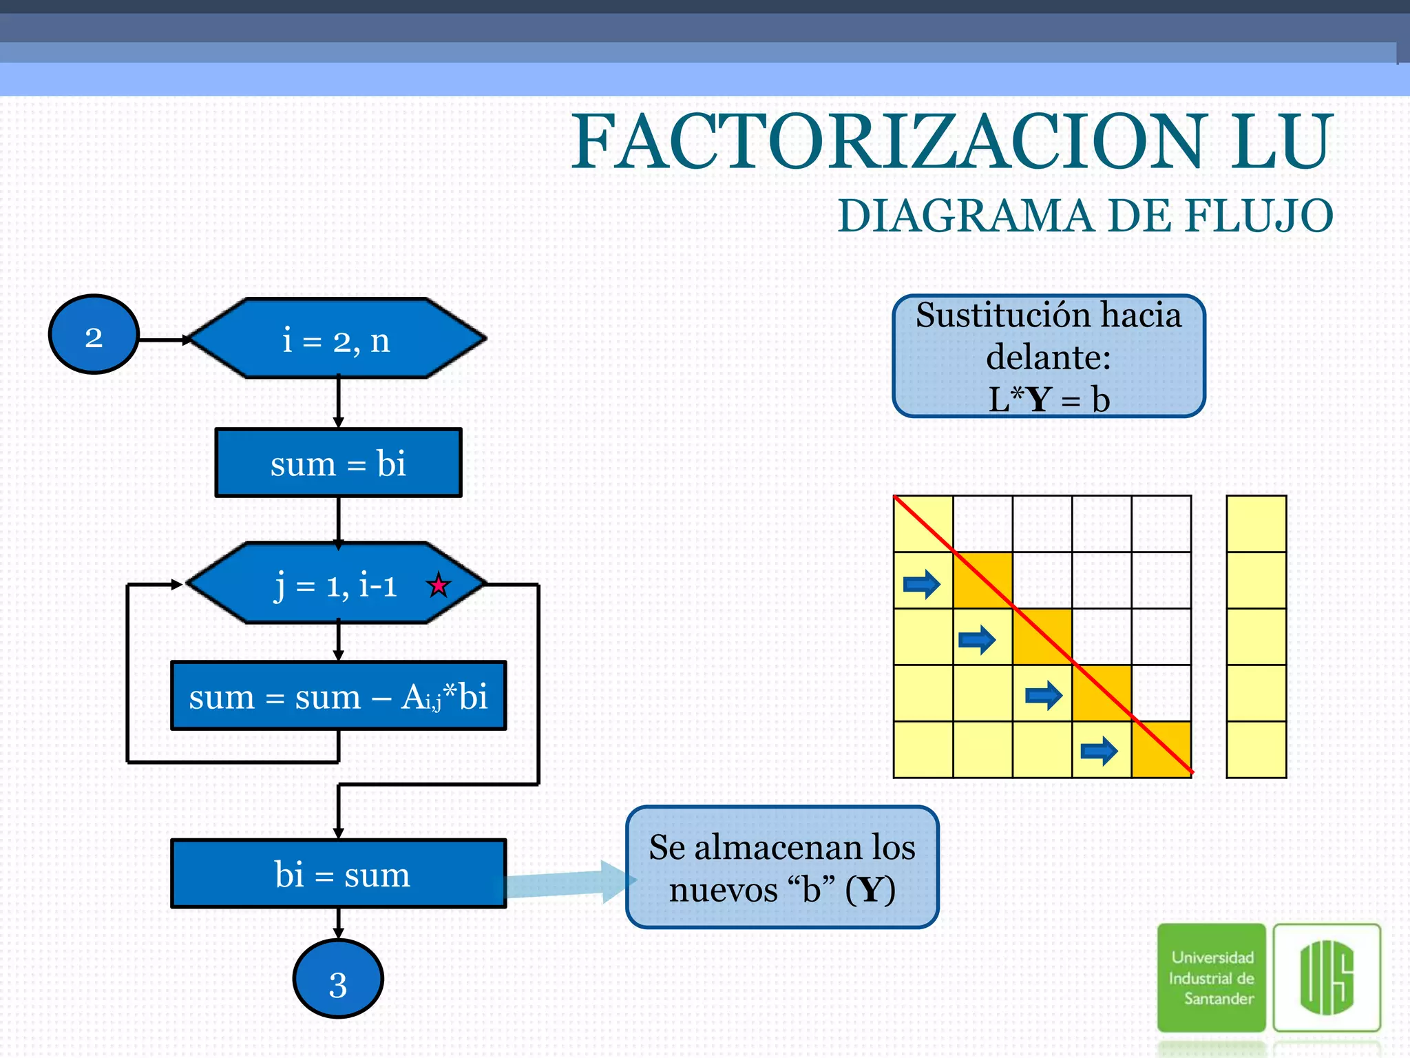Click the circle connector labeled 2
click(x=94, y=335)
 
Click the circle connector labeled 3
click(x=338, y=979)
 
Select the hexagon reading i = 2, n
click(x=337, y=339)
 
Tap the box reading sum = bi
click(x=338, y=463)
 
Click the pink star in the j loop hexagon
click(x=439, y=585)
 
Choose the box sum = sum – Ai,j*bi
click(x=338, y=696)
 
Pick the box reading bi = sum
click(x=338, y=874)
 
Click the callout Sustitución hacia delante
click(x=1048, y=356)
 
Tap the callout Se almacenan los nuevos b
click(x=782, y=867)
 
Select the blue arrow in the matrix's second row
click(x=922, y=584)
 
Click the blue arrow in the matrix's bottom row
click(x=1099, y=750)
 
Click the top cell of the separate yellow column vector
click(x=1256, y=523)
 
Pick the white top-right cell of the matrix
click(x=1161, y=523)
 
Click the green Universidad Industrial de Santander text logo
click(x=1212, y=977)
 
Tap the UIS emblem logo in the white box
click(x=1327, y=977)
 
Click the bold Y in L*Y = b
click(x=1040, y=400)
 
